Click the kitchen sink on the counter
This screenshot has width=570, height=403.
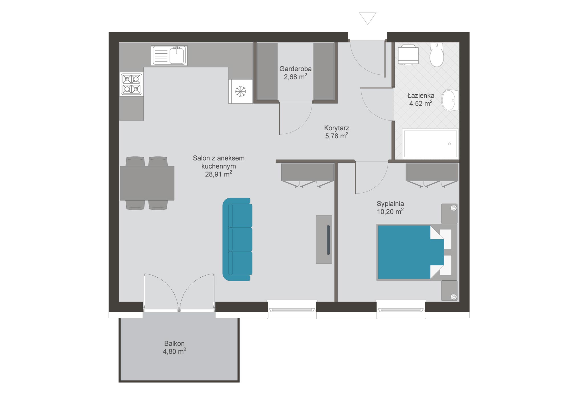[169, 55]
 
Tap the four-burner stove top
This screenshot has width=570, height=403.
[131, 84]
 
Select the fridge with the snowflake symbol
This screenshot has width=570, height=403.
[241, 91]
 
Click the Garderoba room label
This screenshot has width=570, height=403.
[295, 69]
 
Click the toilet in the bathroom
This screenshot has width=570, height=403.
[437, 55]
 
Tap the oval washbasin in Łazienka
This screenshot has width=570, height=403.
[450, 100]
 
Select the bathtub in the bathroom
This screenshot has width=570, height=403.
[430, 144]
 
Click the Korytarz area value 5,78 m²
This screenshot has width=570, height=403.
[337, 136]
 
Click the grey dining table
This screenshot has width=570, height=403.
[147, 183]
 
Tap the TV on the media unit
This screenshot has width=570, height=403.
[329, 240]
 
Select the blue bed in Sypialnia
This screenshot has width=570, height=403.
[410, 252]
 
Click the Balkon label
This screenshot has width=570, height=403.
[174, 343]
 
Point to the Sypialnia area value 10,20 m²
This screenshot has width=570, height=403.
[390, 211]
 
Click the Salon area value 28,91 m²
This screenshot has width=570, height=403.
[219, 174]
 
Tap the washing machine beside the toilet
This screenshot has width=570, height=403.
[408, 56]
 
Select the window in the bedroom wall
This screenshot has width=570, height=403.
[401, 310]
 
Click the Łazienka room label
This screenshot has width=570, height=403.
[421, 95]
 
